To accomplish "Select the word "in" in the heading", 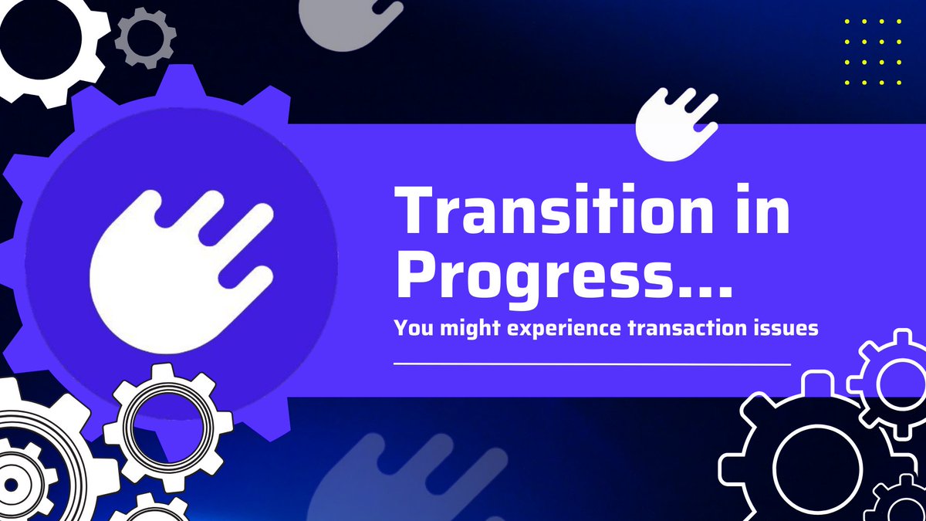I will tap(761, 211).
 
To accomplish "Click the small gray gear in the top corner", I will tap(145, 36).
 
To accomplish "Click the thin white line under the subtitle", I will tap(592, 363).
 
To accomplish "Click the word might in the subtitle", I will tap(465, 328).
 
